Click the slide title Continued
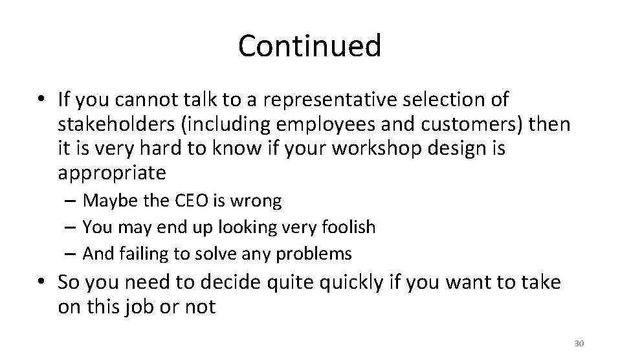pyautogui.click(x=309, y=46)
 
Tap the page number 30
pyautogui.click(x=579, y=343)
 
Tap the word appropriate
pyautogui.click(x=112, y=173)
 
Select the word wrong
pyautogui.click(x=261, y=201)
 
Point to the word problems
pyautogui.click(x=315, y=254)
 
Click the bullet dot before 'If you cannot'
pyautogui.click(x=40, y=100)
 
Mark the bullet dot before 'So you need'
pyautogui.click(x=40, y=282)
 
